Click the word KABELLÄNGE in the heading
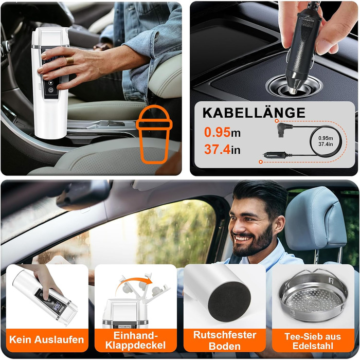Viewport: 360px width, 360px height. [254, 113]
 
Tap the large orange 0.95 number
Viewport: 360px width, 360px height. [217, 132]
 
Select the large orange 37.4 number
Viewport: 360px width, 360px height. [217, 149]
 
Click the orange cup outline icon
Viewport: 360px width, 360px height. [154, 134]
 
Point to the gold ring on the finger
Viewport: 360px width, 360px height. [70, 61]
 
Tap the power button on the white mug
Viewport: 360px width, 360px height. [51, 90]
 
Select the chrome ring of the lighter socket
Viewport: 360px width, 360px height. [294, 86]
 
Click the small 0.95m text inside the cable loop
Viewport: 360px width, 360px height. [326, 138]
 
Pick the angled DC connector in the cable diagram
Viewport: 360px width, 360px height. [284, 130]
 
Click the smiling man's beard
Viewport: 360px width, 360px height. [253, 244]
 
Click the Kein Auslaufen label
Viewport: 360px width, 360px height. [47, 339]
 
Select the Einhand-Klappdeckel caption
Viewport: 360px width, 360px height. [135, 340]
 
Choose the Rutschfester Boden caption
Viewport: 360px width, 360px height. [225, 340]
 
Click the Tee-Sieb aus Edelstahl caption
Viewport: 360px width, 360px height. [313, 341]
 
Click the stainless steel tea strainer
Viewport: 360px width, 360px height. [313, 296]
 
